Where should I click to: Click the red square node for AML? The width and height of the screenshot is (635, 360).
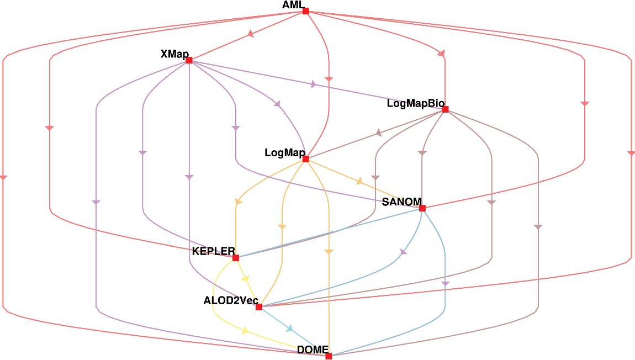[x=305, y=11]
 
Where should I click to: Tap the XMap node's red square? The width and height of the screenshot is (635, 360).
[x=189, y=60]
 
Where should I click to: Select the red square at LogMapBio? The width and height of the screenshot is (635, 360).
[x=445, y=109]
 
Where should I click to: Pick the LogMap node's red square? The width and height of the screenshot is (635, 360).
[x=305, y=159]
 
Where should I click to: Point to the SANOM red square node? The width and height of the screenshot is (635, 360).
[x=422, y=208]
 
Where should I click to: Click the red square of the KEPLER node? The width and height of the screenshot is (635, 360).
[x=236, y=258]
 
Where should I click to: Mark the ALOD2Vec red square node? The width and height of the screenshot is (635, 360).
[x=259, y=307]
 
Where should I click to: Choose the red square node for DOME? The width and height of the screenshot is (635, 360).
[x=329, y=356]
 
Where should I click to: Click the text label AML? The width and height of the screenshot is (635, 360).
[x=293, y=5]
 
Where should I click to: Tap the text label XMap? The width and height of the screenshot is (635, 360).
[x=174, y=54]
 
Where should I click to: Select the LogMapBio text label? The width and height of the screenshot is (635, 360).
[x=414, y=103]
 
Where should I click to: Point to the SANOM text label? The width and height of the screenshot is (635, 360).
[x=401, y=202]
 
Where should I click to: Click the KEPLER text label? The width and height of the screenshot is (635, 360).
[x=213, y=252]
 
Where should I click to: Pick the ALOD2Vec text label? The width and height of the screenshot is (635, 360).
[x=231, y=301]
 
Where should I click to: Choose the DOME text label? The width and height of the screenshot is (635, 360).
[x=313, y=350]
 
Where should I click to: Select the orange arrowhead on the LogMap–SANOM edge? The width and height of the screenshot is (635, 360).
[x=360, y=181]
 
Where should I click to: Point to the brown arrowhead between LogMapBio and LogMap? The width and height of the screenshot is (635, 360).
[x=379, y=133]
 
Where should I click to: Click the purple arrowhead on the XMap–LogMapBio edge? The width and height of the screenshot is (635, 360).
[x=314, y=84]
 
